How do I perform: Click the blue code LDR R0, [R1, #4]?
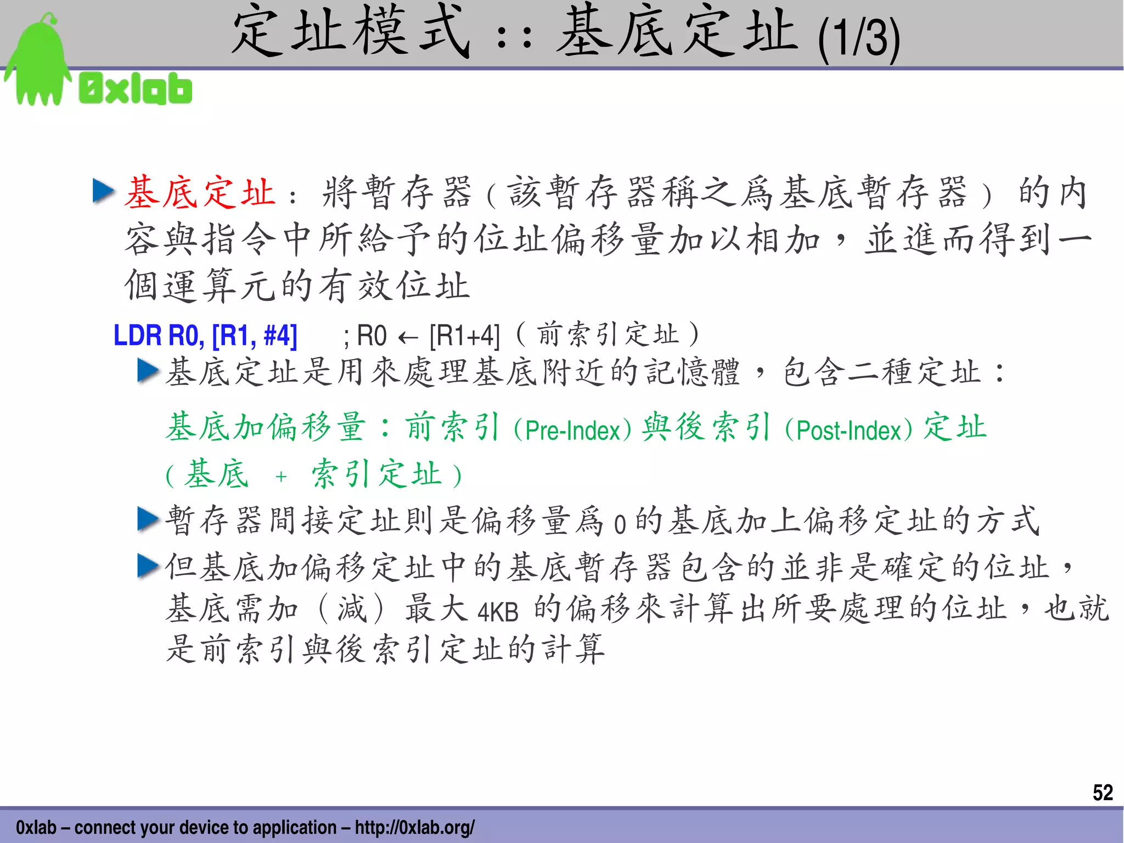coord(205,336)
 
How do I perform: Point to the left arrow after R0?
coord(408,337)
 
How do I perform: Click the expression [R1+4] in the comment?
coord(464,336)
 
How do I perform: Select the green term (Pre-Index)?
coord(572,429)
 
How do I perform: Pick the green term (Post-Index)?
coord(848,429)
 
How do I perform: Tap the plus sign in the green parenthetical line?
coord(281,476)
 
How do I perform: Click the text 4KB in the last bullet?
coord(498,612)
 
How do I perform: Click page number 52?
coord(1102,792)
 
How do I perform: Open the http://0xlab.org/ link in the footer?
coord(414,827)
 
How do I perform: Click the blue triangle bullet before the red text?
coord(104,191)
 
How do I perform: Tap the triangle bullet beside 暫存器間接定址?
coord(148,519)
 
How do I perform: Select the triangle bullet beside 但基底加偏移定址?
coord(148,566)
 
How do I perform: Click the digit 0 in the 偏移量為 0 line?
coord(620,524)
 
